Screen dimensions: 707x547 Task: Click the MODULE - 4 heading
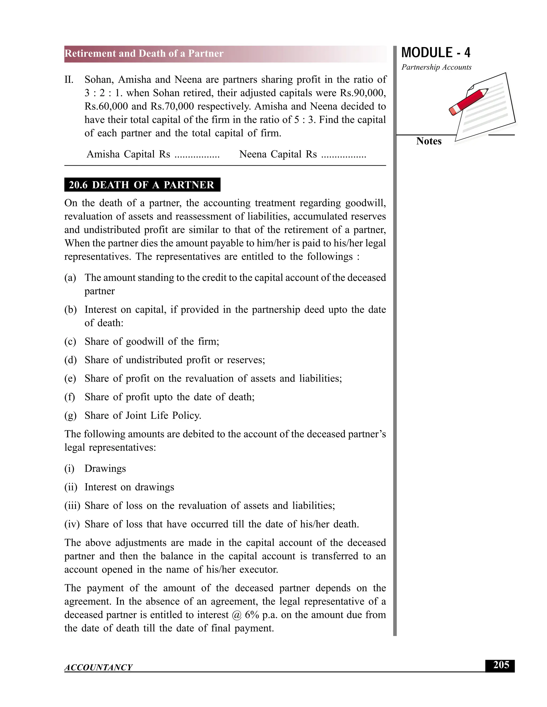coord(436,53)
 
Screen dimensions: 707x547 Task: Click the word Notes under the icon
coord(428,141)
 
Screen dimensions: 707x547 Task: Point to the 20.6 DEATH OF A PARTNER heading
coord(142,185)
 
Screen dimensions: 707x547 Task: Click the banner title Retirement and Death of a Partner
coord(144,53)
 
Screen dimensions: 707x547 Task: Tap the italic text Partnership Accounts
coord(436,67)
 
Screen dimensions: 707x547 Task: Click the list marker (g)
coord(70,415)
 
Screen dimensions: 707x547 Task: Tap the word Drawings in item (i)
coord(105,468)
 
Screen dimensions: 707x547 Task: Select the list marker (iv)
coord(72,524)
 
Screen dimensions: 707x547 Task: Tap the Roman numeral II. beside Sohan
coord(69,80)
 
